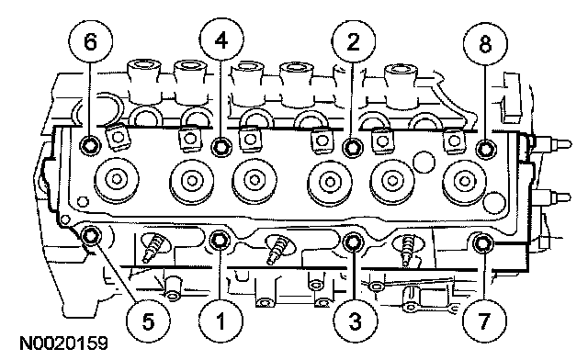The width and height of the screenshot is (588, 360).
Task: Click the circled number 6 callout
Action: (x=91, y=41)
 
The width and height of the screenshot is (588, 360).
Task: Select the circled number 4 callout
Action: (x=221, y=39)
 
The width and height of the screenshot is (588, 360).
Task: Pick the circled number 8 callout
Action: (x=485, y=44)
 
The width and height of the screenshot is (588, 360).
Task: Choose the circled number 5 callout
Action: (x=148, y=321)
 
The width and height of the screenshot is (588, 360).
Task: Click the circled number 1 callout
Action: (x=220, y=321)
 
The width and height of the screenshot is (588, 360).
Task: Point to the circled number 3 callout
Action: (x=356, y=321)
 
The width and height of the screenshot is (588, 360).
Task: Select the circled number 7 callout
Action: (x=484, y=321)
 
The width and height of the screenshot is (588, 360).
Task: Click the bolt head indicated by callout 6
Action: (x=90, y=145)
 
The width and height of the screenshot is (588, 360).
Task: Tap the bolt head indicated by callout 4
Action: (x=221, y=146)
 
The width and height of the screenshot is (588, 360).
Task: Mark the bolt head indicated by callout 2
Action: (x=353, y=147)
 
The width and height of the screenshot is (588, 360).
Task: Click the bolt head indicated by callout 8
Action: (x=486, y=149)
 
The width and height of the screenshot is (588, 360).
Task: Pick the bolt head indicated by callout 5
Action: (x=91, y=236)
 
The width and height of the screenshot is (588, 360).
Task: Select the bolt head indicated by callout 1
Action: (x=220, y=240)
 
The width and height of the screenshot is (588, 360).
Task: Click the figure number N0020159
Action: (x=63, y=343)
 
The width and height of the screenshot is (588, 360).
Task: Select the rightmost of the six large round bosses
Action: (x=465, y=182)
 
